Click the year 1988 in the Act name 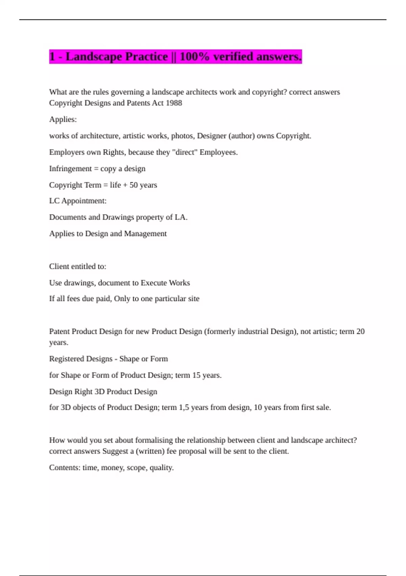tap(174, 103)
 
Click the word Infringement tap(70, 169)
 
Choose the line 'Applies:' tap(63, 119)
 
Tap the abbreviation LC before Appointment tap(54, 201)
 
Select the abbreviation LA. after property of tap(181, 217)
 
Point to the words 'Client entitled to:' tap(77, 267)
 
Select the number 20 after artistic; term tap(360, 331)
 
